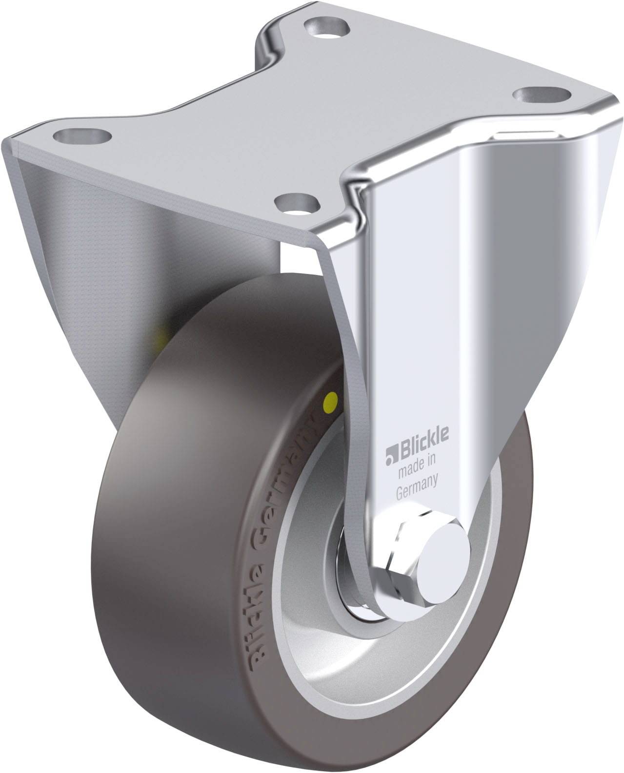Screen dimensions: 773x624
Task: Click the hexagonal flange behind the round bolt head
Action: click(404, 560)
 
